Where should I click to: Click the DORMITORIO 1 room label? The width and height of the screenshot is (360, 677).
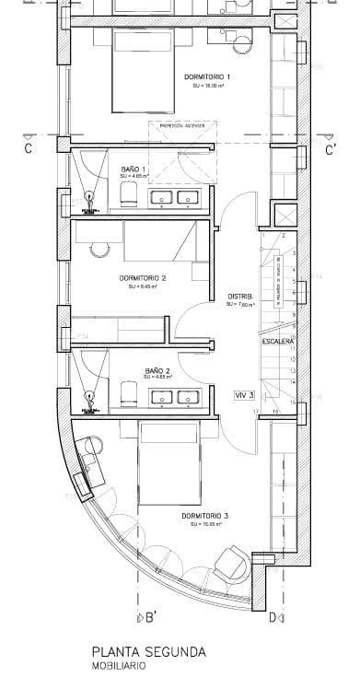pos(207,76)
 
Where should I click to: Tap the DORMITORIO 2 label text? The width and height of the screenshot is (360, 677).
pos(143,277)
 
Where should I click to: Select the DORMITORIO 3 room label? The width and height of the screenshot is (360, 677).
pos(204,515)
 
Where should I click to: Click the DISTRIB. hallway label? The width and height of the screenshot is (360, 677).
pos(239,296)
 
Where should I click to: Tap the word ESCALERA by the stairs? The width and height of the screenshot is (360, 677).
pos(277,341)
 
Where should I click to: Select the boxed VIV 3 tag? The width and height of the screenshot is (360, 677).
pos(245,394)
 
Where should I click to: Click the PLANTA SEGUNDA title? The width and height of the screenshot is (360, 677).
pos(148,651)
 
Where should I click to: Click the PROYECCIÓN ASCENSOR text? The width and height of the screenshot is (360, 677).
pos(182,125)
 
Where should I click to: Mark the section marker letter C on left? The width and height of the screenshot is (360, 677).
pos(28,147)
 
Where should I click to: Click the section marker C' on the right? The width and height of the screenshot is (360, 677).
pos(331,147)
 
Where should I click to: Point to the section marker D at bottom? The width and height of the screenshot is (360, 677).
pos(273,617)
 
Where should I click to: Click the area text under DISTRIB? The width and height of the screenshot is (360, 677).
pos(239,304)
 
